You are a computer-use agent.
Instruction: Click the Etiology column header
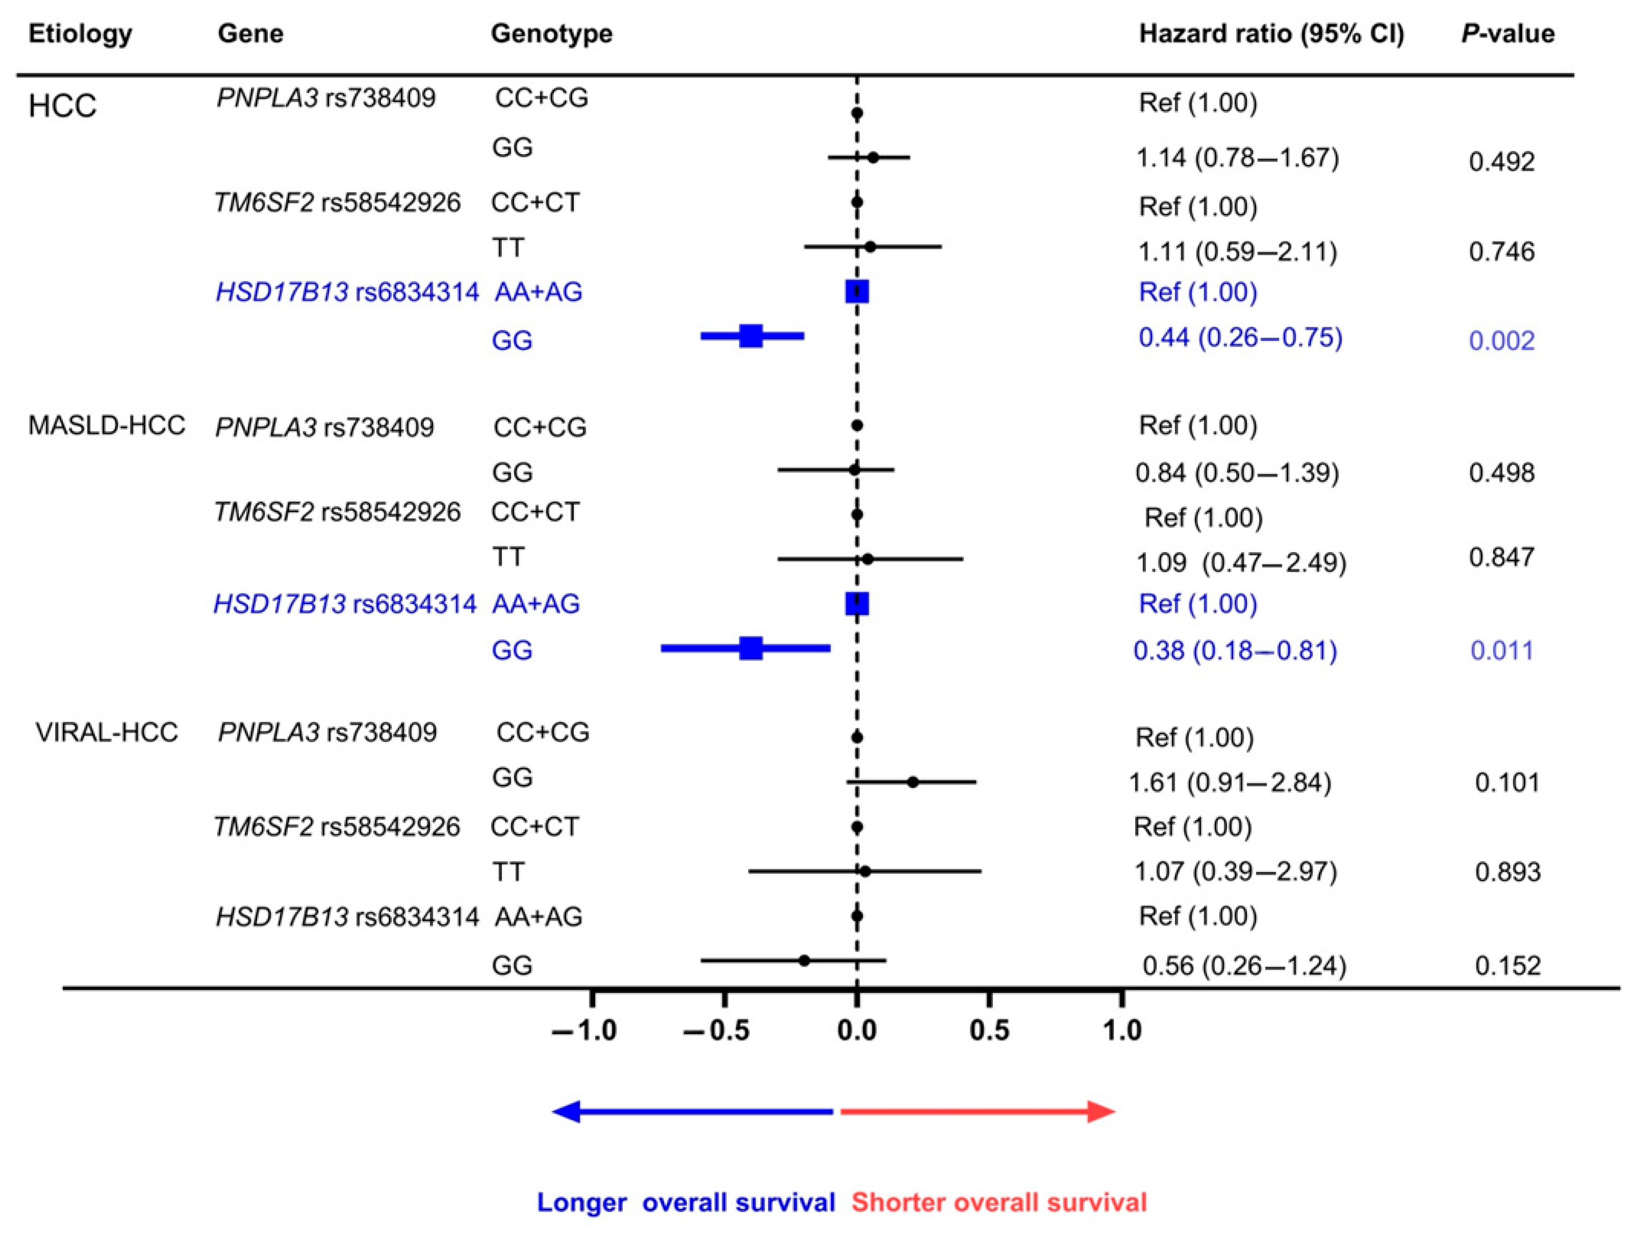pyautogui.click(x=81, y=33)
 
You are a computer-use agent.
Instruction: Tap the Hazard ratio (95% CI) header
pyautogui.click(x=1271, y=33)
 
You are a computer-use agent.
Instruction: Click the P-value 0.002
pyautogui.click(x=1501, y=340)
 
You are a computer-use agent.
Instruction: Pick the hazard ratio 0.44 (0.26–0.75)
pyautogui.click(x=1240, y=338)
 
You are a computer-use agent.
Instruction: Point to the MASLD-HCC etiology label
pyautogui.click(x=106, y=425)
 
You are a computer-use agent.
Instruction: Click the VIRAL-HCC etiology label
pyautogui.click(x=106, y=732)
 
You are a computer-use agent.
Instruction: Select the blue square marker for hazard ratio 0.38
pyautogui.click(x=751, y=649)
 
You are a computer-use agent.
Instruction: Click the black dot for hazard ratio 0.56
pyautogui.click(x=803, y=961)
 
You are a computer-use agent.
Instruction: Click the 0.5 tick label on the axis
pyautogui.click(x=989, y=1030)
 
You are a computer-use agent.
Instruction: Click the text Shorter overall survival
pyautogui.click(x=998, y=1202)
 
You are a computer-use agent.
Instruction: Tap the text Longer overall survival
pyautogui.click(x=685, y=1202)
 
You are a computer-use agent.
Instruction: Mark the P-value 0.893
pyautogui.click(x=1507, y=872)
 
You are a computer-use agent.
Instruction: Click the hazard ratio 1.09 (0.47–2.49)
pyautogui.click(x=1240, y=562)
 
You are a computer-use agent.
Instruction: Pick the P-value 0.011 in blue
pyautogui.click(x=1501, y=651)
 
